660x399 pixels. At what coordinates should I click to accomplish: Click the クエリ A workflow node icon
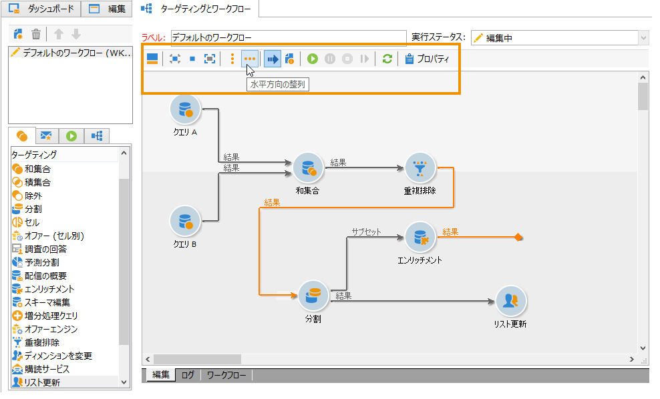click(x=185, y=109)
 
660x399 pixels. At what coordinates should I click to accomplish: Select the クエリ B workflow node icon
click(x=185, y=221)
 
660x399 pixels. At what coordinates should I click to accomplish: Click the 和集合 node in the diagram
click(x=309, y=169)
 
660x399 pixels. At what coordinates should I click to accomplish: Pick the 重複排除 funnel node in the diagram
click(x=420, y=168)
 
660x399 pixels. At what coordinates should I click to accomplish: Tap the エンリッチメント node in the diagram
click(x=420, y=238)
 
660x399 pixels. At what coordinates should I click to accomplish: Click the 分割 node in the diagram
click(x=313, y=296)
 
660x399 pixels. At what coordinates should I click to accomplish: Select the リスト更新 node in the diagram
click(x=510, y=302)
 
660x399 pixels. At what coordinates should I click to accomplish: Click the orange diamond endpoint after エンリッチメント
click(x=518, y=238)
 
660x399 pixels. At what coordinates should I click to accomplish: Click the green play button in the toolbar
click(x=313, y=59)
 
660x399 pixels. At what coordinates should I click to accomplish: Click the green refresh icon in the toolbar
click(x=387, y=59)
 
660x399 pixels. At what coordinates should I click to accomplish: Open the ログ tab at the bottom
click(x=188, y=375)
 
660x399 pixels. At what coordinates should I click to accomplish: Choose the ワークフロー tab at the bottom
click(x=226, y=375)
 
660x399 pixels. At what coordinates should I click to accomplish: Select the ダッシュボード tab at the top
click(x=41, y=9)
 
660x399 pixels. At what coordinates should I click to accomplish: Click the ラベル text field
click(x=288, y=38)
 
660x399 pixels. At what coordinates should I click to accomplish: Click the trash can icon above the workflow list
click(x=36, y=34)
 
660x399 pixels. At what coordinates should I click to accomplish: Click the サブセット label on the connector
click(x=366, y=232)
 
